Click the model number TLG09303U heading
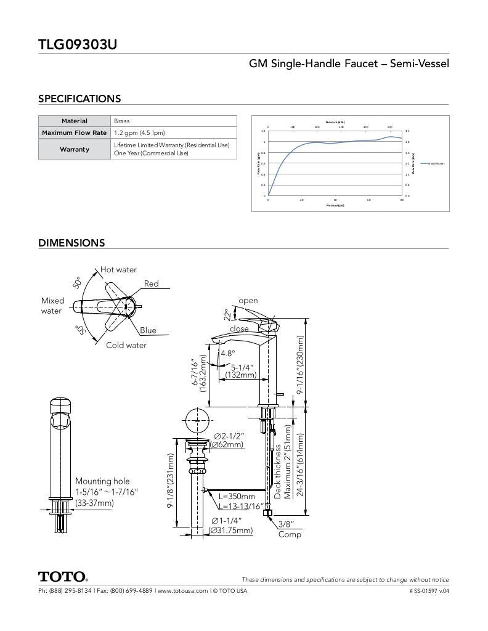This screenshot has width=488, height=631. [78, 44]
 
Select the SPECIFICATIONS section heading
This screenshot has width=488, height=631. [79, 99]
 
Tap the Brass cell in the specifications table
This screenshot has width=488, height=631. [122, 121]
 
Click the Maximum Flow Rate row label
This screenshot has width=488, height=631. [75, 132]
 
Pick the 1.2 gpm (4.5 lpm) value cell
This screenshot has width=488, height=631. [139, 132]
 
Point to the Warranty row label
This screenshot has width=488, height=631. [75, 149]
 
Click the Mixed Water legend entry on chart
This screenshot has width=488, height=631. [434, 163]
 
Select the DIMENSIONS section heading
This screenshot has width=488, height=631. [71, 243]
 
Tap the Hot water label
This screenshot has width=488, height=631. [119, 270]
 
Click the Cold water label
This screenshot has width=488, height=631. [126, 345]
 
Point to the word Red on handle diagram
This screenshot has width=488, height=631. [152, 283]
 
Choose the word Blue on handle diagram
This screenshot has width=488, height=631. [148, 330]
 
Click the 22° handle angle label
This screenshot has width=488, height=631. [227, 314]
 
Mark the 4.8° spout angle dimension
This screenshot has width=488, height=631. [228, 354]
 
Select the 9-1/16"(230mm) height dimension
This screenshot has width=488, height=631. [301, 365]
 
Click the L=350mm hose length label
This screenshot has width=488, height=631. [237, 496]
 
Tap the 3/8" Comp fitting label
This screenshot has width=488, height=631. [288, 529]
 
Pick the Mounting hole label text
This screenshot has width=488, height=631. [102, 481]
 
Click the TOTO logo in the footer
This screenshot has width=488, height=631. [63, 577]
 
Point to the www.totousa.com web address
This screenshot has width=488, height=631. [182, 591]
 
